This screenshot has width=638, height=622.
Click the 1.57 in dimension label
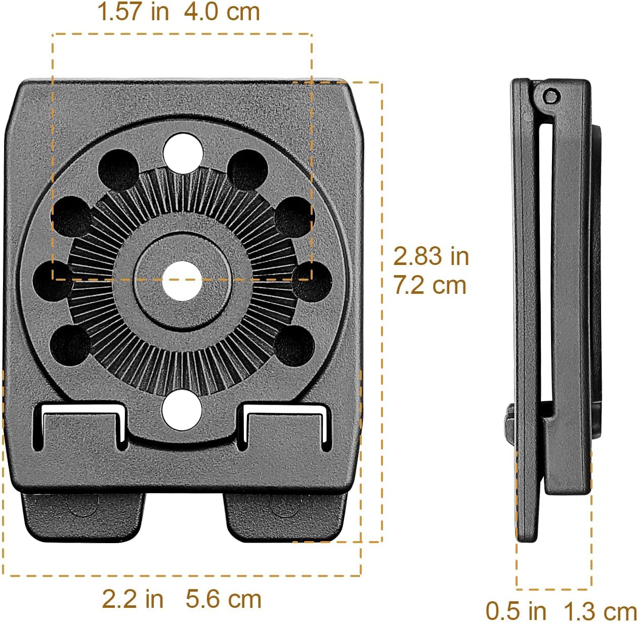(133, 12)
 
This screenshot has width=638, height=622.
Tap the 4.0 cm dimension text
(222, 12)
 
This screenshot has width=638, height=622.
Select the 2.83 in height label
(431, 256)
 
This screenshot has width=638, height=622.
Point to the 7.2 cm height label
(430, 285)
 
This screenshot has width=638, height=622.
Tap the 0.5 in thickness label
(516, 610)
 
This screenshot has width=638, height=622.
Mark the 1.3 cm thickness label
(600, 610)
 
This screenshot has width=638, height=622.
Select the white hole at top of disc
(183, 152)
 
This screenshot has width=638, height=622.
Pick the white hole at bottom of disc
(182, 410)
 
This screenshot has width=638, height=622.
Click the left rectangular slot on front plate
(81, 425)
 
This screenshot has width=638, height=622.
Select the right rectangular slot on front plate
(285, 425)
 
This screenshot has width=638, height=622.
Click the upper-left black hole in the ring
(118, 169)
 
